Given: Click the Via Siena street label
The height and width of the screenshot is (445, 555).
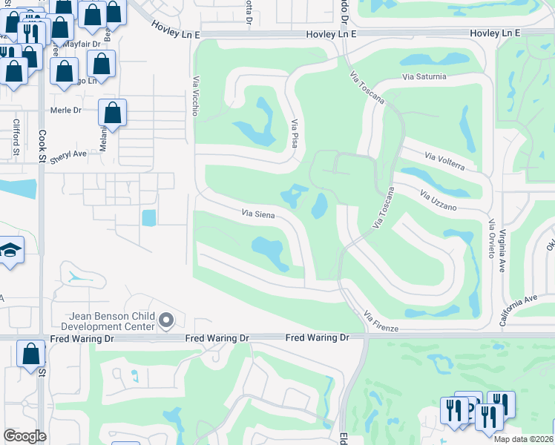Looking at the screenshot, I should [259, 215].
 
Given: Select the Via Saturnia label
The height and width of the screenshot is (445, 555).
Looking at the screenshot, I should [424, 76].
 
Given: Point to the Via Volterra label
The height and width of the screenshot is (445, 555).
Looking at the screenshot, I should [445, 162].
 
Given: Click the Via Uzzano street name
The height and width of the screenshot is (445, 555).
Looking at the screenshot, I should [437, 200].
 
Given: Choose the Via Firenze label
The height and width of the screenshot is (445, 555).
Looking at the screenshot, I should [381, 322].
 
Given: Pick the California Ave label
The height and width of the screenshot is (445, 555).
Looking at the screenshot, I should [518, 310].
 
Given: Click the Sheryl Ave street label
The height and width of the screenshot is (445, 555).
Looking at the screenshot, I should [70, 154].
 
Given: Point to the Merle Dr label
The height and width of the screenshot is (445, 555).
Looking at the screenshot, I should [65, 111].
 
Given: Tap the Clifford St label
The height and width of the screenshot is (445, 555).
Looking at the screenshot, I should [16, 138].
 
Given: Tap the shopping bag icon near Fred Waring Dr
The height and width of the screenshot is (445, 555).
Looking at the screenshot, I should [32, 354].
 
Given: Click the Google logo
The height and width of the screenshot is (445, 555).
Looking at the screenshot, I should [24, 436].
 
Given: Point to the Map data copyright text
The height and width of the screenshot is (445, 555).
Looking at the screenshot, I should [524, 439].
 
